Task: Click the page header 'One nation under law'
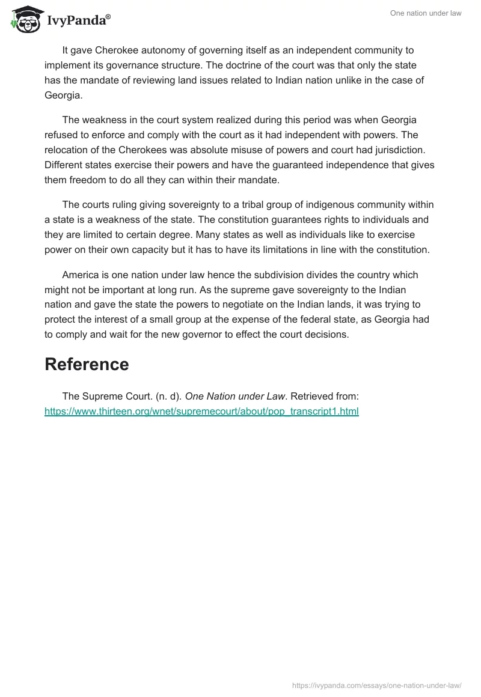[x=426, y=13]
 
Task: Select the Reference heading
[x=87, y=364]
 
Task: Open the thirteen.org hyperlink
[x=201, y=412]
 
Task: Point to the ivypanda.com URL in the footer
[x=376, y=684]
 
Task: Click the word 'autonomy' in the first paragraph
[x=160, y=50]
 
